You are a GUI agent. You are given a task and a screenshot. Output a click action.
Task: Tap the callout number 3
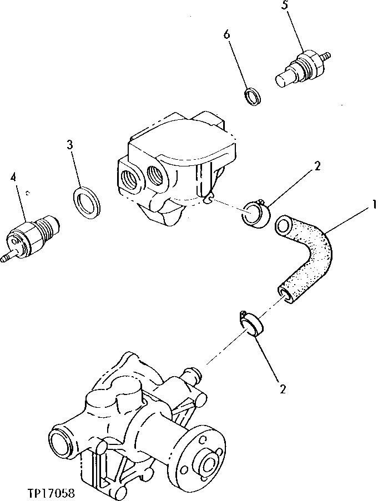coord(69,145)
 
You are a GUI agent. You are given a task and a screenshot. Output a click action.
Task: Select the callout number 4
coord(13,178)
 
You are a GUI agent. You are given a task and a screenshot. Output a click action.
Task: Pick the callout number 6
coord(226,34)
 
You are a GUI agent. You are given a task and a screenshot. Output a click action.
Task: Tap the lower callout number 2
coord(283,389)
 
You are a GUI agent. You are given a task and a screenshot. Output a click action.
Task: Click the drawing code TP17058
coord(49,492)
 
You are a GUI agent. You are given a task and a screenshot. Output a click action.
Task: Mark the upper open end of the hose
coord(284,225)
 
